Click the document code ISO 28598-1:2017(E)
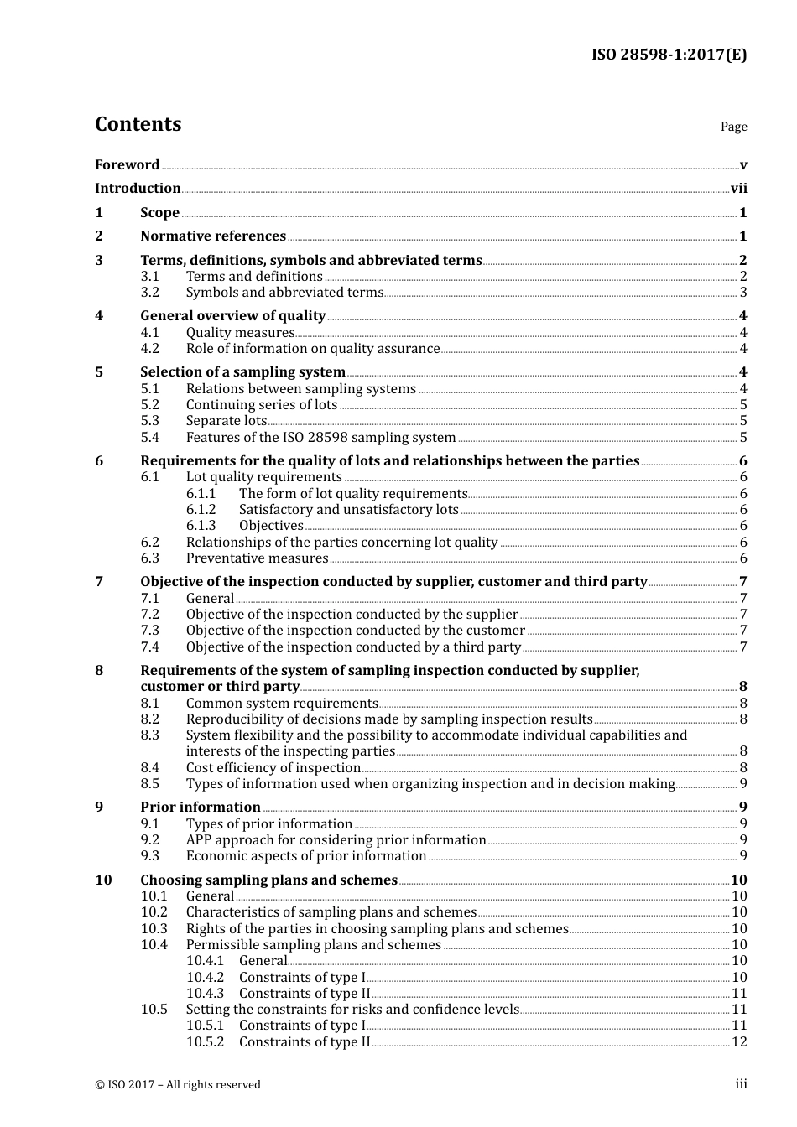(669, 55)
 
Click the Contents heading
(138, 124)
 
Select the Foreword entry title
(127, 165)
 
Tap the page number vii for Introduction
(738, 189)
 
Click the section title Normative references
(213, 236)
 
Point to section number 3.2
(150, 293)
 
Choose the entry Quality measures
(240, 333)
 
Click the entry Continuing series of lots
(262, 405)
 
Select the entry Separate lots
(227, 421)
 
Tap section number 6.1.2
(201, 510)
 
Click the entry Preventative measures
(257, 558)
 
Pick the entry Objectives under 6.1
(271, 526)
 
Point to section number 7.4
(150, 647)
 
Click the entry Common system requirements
(282, 704)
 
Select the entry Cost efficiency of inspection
(273, 768)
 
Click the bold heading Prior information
(201, 808)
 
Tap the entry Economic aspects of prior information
(306, 856)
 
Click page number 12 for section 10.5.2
(739, 1042)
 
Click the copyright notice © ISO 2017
(178, 1085)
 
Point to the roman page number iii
(741, 1084)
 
